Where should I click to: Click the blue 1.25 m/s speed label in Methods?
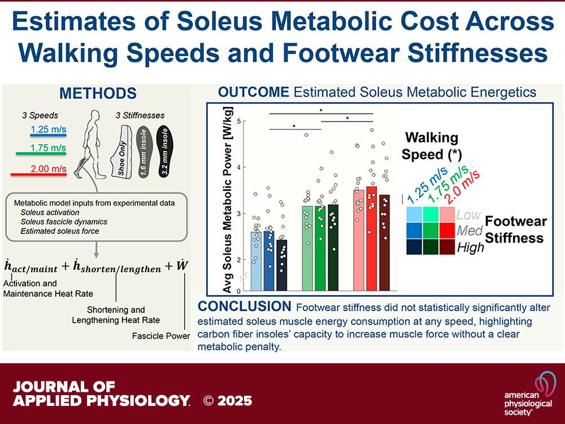pos(49,129)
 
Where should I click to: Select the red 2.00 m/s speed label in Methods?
pos(49,168)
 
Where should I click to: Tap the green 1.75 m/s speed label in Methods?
pos(49,149)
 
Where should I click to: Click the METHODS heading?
pos(98,93)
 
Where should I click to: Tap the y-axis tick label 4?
pos(240,167)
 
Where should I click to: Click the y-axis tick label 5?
pos(240,121)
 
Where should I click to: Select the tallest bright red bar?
pos(371,237)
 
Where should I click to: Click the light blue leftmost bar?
pos(256,260)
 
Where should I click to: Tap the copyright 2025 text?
pos(228,401)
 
